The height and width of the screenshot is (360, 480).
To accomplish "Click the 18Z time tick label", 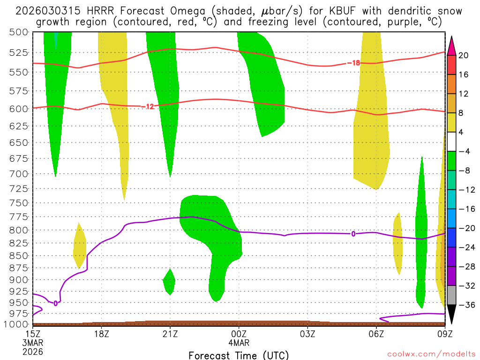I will click(x=102, y=334).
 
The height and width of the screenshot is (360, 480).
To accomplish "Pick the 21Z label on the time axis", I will click(x=170, y=334).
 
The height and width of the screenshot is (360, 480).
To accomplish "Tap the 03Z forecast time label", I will click(x=307, y=334).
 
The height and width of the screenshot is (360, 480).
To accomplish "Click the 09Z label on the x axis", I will click(x=444, y=334).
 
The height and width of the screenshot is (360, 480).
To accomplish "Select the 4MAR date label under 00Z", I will click(x=239, y=342).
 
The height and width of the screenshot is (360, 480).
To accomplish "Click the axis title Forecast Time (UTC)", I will click(x=239, y=355).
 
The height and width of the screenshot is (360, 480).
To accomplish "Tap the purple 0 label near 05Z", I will click(x=353, y=233).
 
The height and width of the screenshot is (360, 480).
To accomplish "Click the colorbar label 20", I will click(x=464, y=55).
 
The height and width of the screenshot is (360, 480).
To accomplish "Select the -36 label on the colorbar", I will click(x=464, y=305).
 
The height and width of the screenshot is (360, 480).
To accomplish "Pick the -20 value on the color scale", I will click(x=464, y=228).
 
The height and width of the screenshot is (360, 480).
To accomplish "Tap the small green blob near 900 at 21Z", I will click(x=169, y=281).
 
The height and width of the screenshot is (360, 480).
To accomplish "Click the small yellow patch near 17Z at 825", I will click(x=79, y=246).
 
